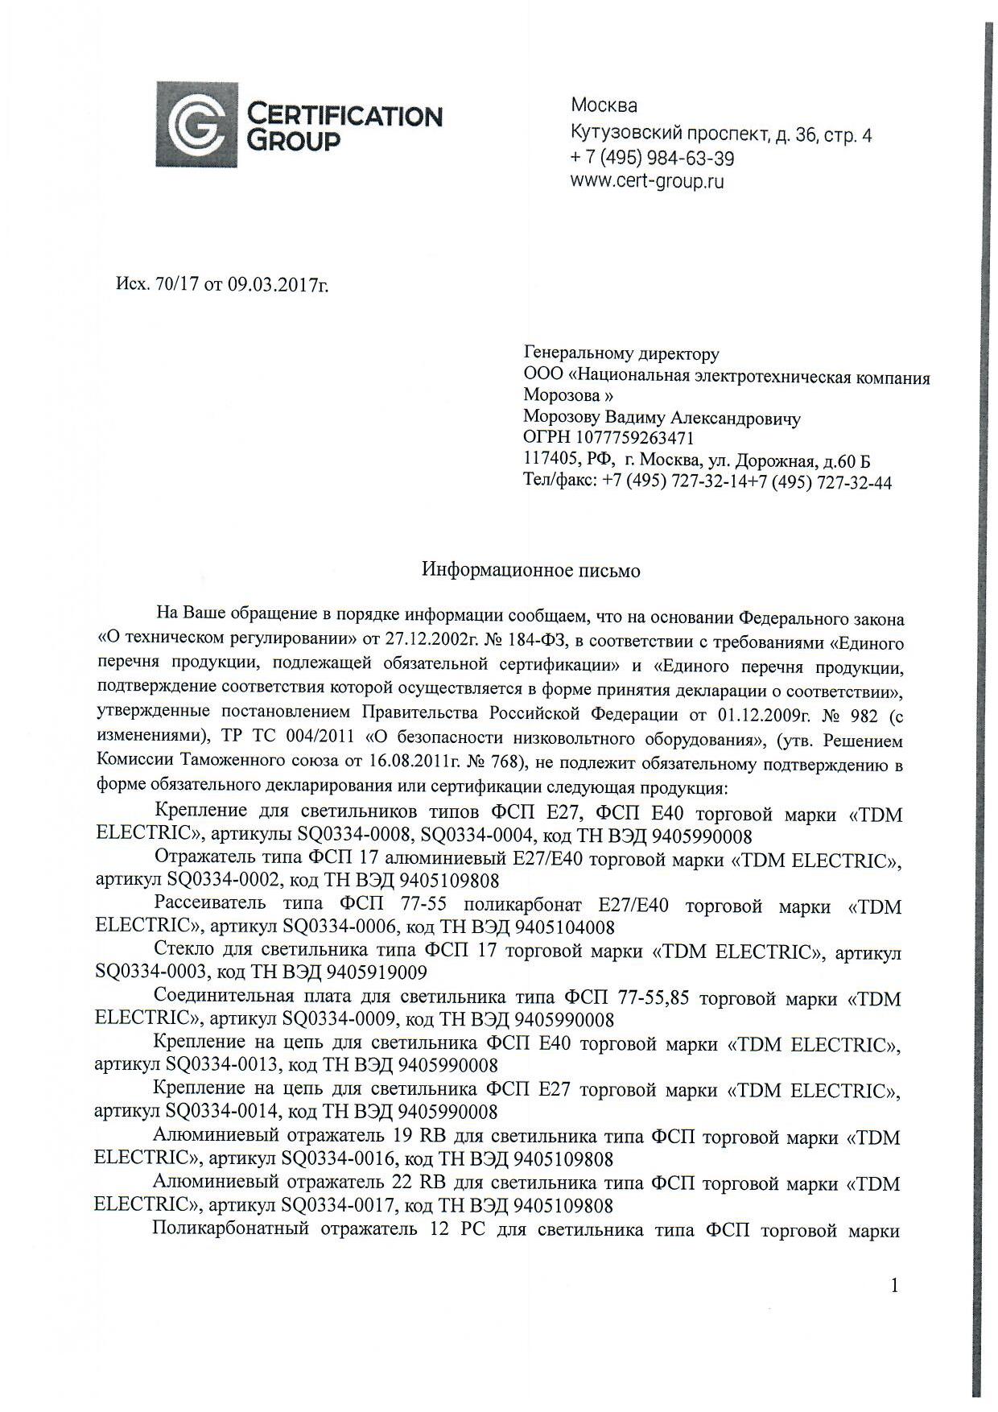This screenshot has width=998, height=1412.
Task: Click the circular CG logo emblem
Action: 196,124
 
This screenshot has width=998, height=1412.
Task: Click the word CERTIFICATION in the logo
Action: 344,116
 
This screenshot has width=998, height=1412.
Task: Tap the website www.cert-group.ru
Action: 647,181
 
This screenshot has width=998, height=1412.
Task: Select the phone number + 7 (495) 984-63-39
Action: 652,158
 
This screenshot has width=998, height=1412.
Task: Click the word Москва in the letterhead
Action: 604,105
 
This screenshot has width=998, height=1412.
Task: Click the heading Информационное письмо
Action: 531,571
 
